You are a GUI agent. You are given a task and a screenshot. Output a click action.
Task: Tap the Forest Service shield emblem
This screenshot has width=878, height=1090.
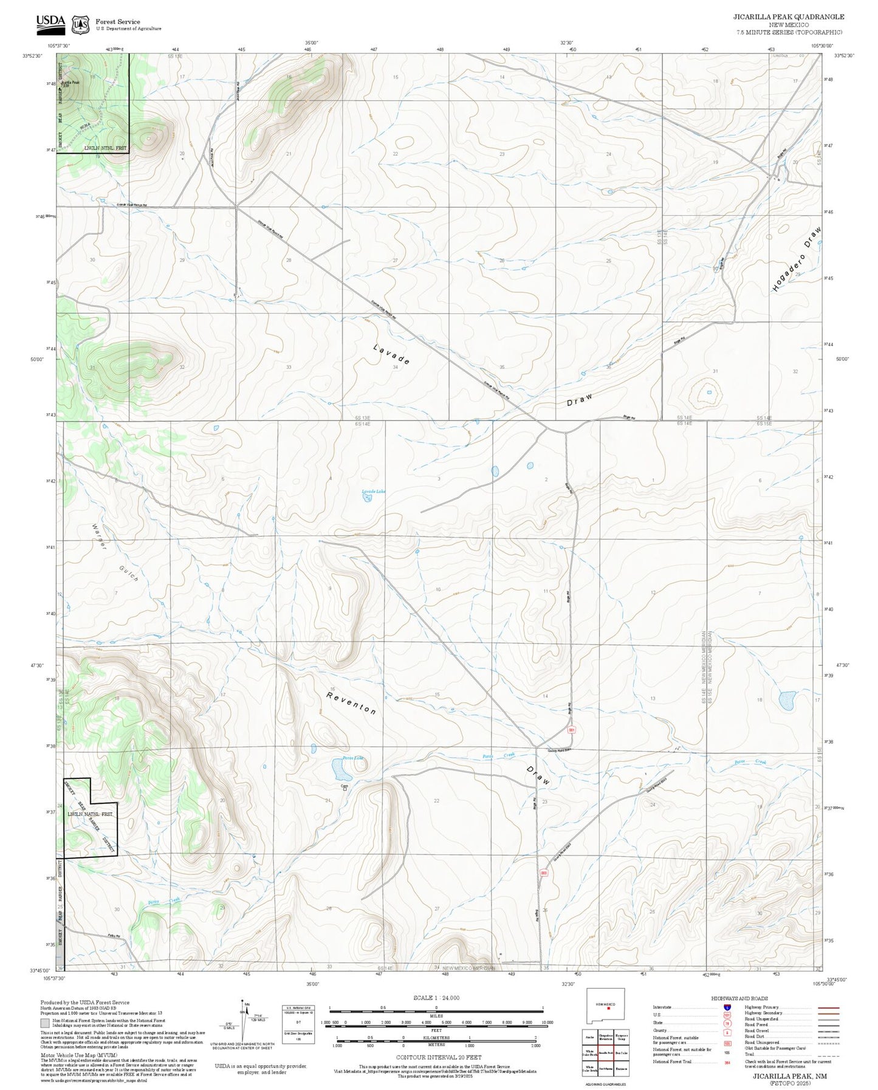80,25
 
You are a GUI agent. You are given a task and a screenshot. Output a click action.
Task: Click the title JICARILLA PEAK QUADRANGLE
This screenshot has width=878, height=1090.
788,17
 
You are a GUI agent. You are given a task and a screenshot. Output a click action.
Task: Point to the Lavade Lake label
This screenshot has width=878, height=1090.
374,492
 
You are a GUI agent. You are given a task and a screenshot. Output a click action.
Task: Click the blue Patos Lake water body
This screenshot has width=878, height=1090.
341,770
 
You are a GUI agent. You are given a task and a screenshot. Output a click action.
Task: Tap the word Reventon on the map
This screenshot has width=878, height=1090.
351,702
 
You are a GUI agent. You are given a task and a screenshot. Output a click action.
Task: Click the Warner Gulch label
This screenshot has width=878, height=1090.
115,554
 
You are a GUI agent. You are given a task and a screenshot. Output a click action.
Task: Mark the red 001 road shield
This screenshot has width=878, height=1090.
571,730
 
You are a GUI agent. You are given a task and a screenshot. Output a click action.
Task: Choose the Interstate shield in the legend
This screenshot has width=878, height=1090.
727,1007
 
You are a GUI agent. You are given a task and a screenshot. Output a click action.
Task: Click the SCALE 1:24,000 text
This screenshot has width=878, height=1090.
436,998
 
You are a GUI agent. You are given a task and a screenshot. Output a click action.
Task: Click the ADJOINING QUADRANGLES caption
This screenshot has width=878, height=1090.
605,1084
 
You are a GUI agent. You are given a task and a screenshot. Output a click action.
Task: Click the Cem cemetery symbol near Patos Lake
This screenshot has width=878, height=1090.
345,788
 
